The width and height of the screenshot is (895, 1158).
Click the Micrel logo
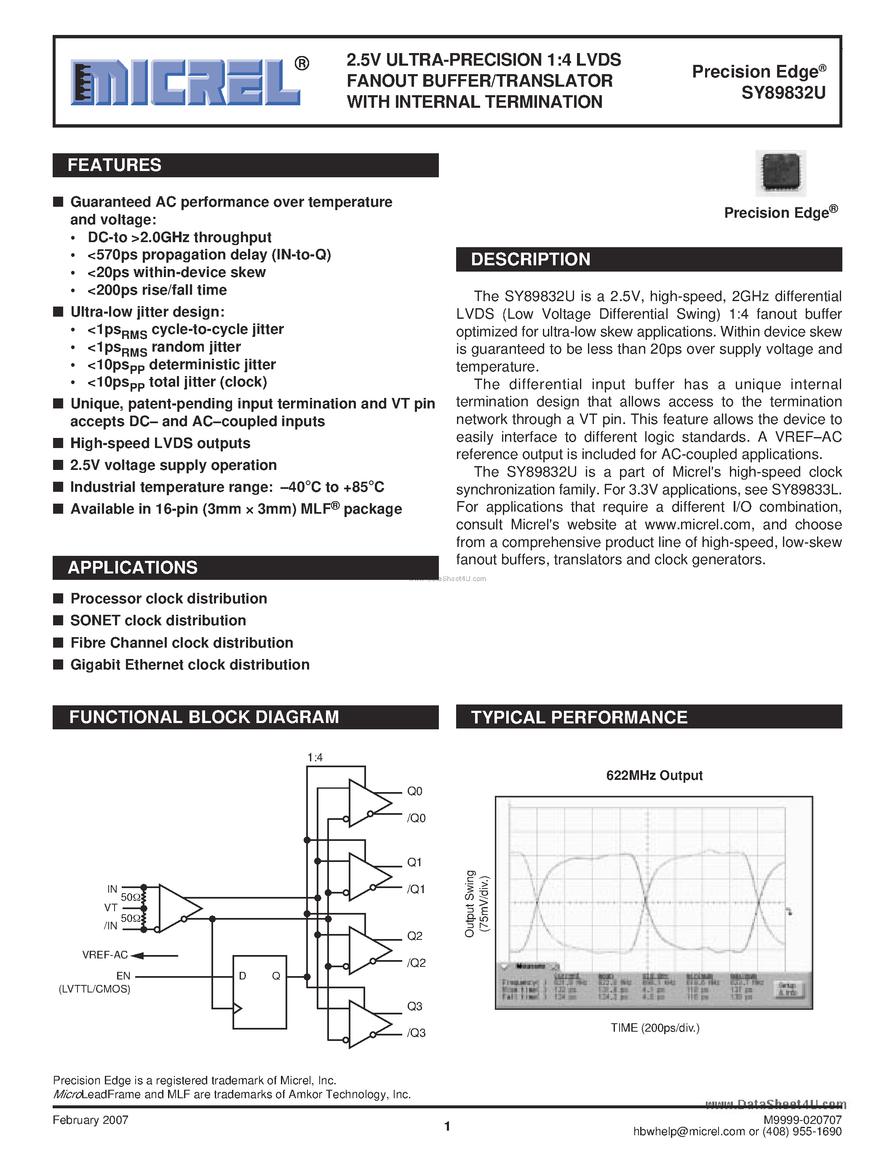pyautogui.click(x=186, y=82)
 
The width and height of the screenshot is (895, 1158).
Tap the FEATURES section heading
pyautogui.click(x=115, y=165)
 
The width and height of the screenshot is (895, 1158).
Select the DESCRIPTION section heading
pyautogui.click(x=530, y=259)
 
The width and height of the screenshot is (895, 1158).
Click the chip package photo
pyautogui.click(x=780, y=173)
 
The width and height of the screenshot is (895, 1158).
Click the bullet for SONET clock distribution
pyautogui.click(x=58, y=620)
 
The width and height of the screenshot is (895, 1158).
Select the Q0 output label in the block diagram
pyautogui.click(x=414, y=792)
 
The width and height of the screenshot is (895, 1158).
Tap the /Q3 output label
pyautogui.click(x=416, y=1033)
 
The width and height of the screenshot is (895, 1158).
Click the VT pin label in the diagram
pyautogui.click(x=110, y=908)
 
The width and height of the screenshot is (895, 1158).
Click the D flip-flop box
pyautogui.click(x=260, y=992)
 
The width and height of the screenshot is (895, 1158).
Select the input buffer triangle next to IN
pyautogui.click(x=178, y=908)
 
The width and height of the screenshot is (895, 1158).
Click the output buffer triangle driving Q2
pyautogui.click(x=369, y=951)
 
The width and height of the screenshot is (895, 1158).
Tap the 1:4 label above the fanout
pyautogui.click(x=315, y=758)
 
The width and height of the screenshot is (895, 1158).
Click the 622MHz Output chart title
pyautogui.click(x=654, y=776)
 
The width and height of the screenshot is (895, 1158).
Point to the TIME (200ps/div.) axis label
pyautogui.click(x=655, y=1028)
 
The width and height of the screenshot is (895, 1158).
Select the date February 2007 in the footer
pyautogui.click(x=91, y=1120)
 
